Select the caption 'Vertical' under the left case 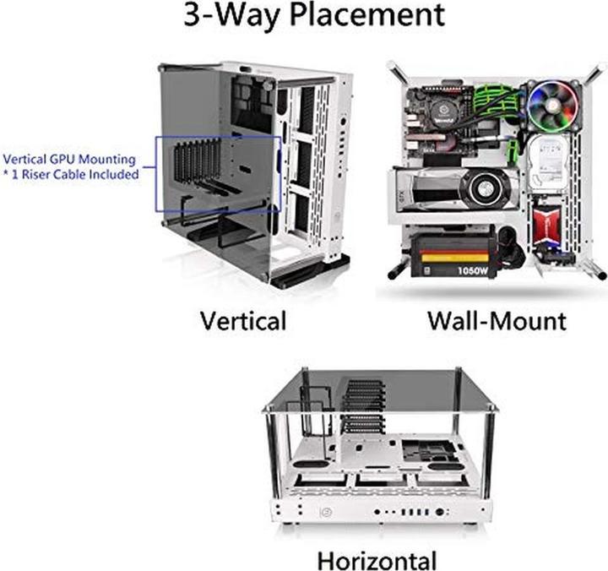coord(243,321)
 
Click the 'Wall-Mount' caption coord(497,321)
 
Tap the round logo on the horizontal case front coord(324,512)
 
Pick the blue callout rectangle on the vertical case coord(218,174)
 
